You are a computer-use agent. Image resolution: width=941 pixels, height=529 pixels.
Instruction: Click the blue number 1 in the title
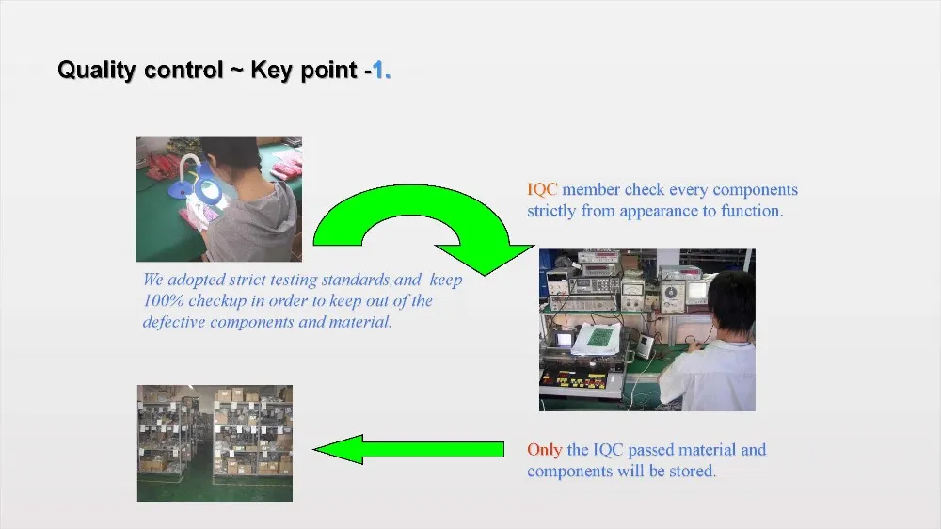(378, 70)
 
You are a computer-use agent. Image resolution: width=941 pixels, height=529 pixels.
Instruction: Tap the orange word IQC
(542, 190)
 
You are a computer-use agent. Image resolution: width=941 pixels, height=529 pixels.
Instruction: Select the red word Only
(544, 450)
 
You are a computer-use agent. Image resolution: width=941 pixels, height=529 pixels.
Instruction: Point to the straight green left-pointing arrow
(408, 449)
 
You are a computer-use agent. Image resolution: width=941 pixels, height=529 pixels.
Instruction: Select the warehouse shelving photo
(215, 443)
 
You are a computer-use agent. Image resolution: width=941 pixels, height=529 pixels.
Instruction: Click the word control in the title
(183, 70)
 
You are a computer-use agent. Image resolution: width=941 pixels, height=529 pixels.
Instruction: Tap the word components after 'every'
(755, 190)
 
